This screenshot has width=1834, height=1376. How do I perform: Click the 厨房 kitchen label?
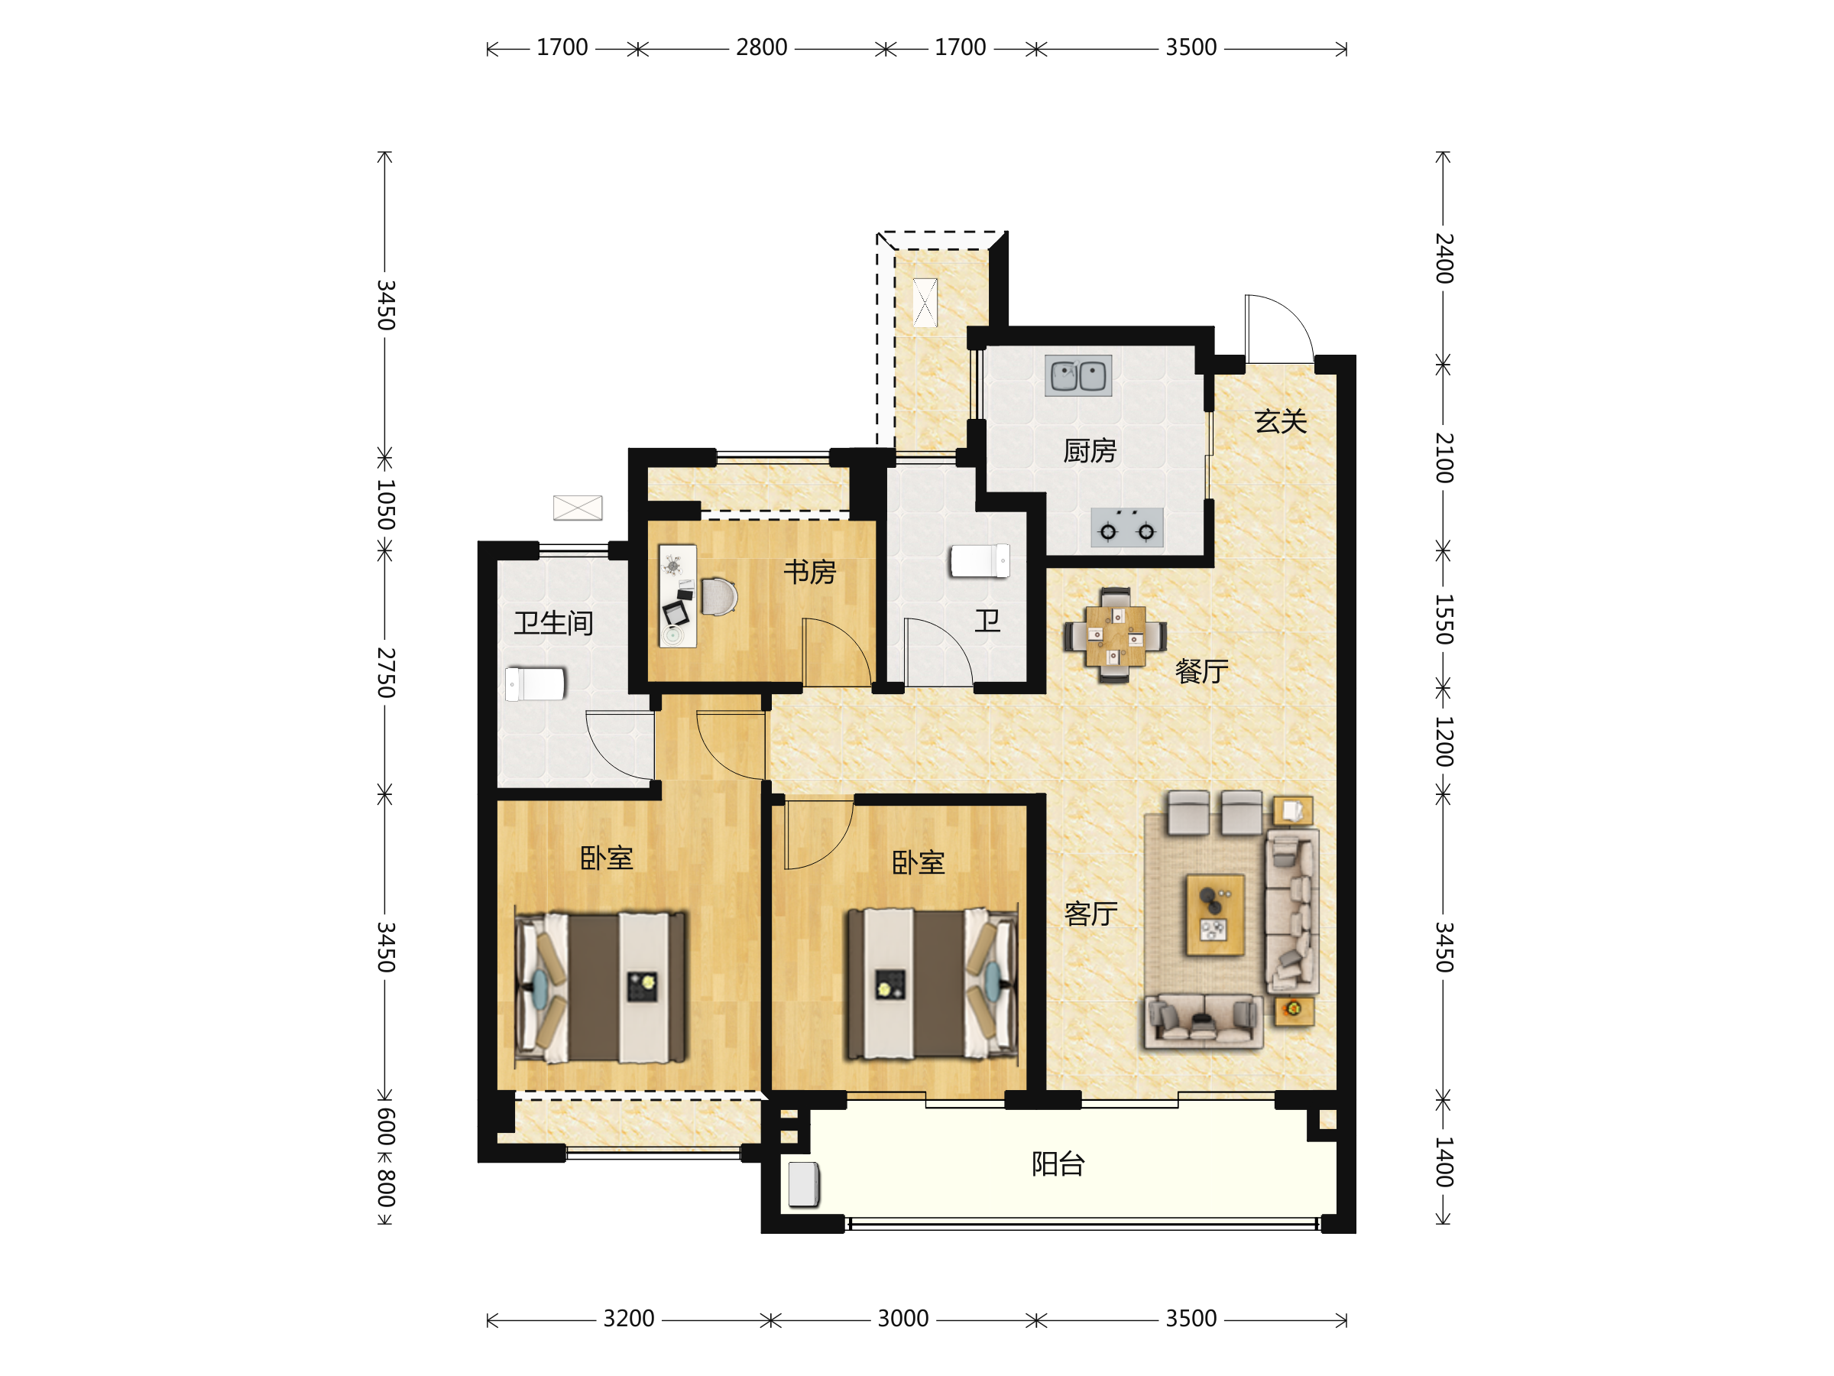click(1090, 451)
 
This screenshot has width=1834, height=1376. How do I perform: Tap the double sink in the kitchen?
click(1077, 376)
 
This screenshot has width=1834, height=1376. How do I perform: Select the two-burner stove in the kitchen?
click(1127, 528)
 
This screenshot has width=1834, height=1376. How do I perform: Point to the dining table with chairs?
click(1115, 635)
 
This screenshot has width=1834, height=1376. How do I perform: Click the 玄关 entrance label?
click(1280, 421)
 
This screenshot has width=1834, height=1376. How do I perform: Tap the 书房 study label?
click(809, 573)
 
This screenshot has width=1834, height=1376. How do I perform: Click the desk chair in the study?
click(719, 596)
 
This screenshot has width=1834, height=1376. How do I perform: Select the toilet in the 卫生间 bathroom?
click(535, 684)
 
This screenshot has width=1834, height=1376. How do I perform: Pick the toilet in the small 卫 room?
click(979, 560)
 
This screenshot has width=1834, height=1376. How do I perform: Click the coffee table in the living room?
click(1215, 915)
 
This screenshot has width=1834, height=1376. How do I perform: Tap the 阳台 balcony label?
click(1058, 1164)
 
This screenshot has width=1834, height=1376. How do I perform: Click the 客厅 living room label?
click(1090, 914)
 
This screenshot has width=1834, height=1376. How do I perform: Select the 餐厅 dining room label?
click(1201, 671)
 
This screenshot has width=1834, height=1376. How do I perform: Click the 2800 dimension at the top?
click(761, 48)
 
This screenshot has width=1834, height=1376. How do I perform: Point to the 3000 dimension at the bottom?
click(903, 1319)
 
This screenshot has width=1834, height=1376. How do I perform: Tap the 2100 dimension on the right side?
click(1444, 458)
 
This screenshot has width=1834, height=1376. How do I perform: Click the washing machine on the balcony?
click(803, 1183)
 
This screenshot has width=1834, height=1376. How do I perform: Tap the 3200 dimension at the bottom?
click(628, 1319)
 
